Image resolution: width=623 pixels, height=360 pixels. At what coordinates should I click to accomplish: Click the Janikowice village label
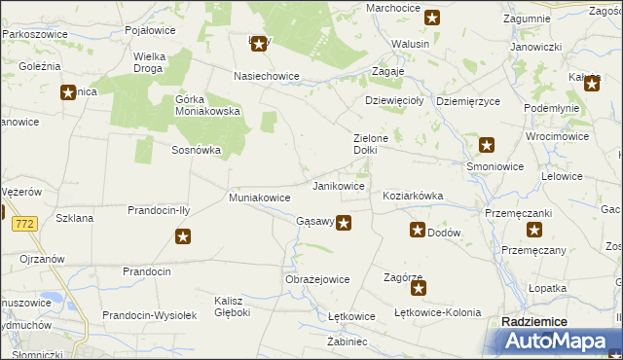click(338, 185)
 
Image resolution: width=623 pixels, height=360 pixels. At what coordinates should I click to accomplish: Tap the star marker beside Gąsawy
click(344, 223)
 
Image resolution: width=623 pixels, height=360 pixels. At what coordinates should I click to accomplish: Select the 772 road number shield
click(25, 224)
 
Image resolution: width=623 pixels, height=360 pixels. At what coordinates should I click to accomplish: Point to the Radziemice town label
click(533, 321)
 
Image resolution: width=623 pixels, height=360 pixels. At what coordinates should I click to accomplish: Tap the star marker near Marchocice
click(432, 18)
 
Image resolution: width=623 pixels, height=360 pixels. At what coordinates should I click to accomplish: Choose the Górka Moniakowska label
click(207, 105)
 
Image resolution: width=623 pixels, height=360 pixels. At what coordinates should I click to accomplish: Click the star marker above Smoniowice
click(488, 146)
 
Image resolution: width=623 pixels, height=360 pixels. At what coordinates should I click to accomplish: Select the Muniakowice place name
click(259, 198)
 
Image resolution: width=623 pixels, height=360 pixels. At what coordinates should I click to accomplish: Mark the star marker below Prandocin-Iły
click(182, 235)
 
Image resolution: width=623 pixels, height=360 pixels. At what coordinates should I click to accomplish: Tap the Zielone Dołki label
click(371, 144)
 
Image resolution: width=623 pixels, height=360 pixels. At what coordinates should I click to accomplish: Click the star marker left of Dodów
click(418, 231)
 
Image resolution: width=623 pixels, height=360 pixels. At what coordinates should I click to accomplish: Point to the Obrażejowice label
click(317, 279)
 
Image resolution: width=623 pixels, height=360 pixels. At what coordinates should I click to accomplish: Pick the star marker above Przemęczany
click(534, 231)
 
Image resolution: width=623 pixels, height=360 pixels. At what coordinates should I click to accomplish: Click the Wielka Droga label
click(149, 62)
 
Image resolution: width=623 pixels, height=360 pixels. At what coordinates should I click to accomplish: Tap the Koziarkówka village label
click(414, 196)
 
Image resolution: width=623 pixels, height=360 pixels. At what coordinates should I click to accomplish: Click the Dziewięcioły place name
click(392, 99)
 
